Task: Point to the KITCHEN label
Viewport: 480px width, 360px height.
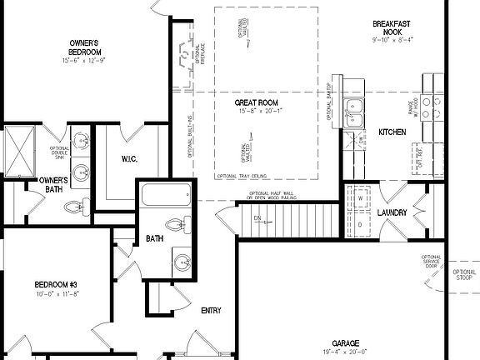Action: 392,132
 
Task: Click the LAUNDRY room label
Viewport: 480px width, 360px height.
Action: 392,212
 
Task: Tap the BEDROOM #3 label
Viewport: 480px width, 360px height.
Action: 55,284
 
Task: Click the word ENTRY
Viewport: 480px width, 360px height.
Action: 211,311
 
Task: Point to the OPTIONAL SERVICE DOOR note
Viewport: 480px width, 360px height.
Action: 431,262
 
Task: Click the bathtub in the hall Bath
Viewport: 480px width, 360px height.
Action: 167,197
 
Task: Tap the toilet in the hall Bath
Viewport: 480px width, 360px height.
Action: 176,224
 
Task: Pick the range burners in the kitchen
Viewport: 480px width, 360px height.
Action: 432,107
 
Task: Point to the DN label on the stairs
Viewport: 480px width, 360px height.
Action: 257,218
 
